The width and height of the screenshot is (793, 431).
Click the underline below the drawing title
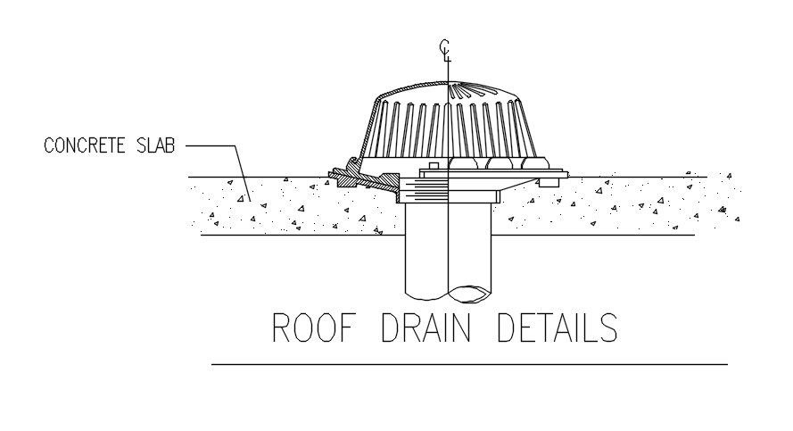point(469,364)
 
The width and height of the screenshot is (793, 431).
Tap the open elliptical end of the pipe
point(468,292)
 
